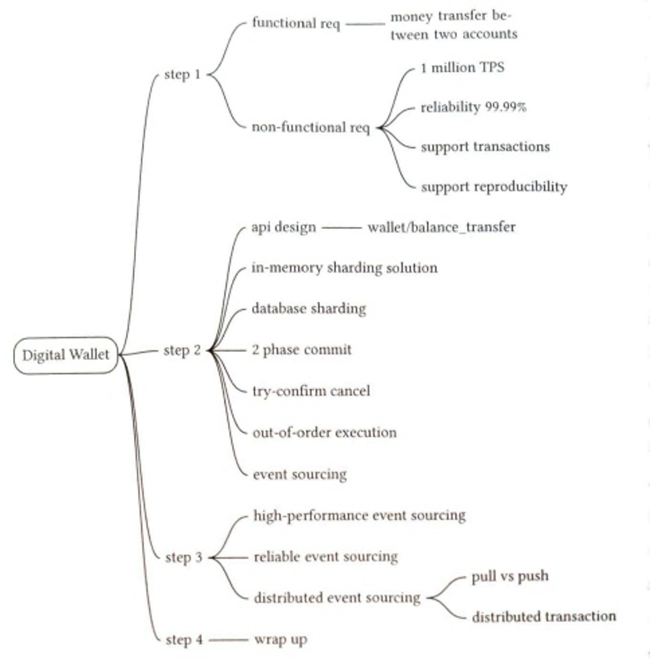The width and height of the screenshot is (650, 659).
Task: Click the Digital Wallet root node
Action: click(x=66, y=356)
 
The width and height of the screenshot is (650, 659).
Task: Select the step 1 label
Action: click(x=182, y=75)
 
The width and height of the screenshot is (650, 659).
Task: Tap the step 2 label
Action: click(x=182, y=350)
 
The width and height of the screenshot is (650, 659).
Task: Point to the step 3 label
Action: click(x=183, y=557)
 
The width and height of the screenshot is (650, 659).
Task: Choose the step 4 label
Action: click(x=183, y=639)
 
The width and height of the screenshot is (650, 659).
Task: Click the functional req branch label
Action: click(x=296, y=24)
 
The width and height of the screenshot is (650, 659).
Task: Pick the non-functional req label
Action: click(x=310, y=127)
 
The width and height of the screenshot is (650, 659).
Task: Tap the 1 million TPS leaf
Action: click(x=462, y=67)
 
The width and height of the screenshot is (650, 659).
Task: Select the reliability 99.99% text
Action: click(x=473, y=107)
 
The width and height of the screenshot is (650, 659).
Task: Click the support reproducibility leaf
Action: click(x=493, y=187)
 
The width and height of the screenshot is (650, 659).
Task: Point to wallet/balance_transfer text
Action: click(x=441, y=227)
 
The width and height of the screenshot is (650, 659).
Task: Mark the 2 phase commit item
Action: click(x=301, y=350)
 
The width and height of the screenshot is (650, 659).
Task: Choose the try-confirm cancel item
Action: click(x=311, y=391)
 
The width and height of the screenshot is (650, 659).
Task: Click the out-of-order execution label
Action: click(x=324, y=432)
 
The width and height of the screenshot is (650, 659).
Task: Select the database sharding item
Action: click(x=309, y=309)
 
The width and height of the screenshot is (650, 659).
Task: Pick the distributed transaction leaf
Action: click(x=543, y=617)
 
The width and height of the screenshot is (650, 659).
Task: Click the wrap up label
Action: click(x=280, y=639)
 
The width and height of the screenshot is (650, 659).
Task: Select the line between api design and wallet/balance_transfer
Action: click(x=341, y=228)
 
